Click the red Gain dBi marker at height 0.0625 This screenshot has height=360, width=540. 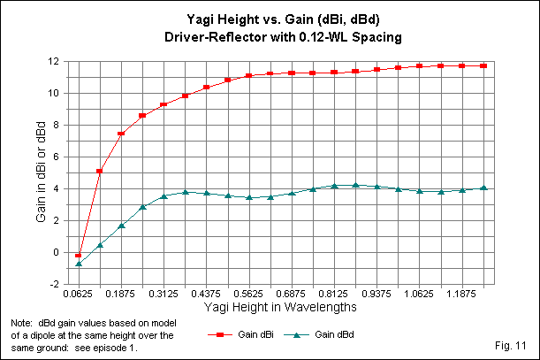pyautogui.click(x=79, y=255)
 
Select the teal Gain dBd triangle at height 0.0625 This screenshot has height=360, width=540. pyautogui.click(x=79, y=264)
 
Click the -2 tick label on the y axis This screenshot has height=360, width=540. pyautogui.click(x=53, y=284)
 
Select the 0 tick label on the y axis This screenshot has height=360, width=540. pyautogui.click(x=56, y=252)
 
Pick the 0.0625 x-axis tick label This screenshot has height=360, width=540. pyautogui.click(x=80, y=293)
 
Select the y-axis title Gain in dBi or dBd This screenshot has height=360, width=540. pyautogui.click(x=40, y=172)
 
